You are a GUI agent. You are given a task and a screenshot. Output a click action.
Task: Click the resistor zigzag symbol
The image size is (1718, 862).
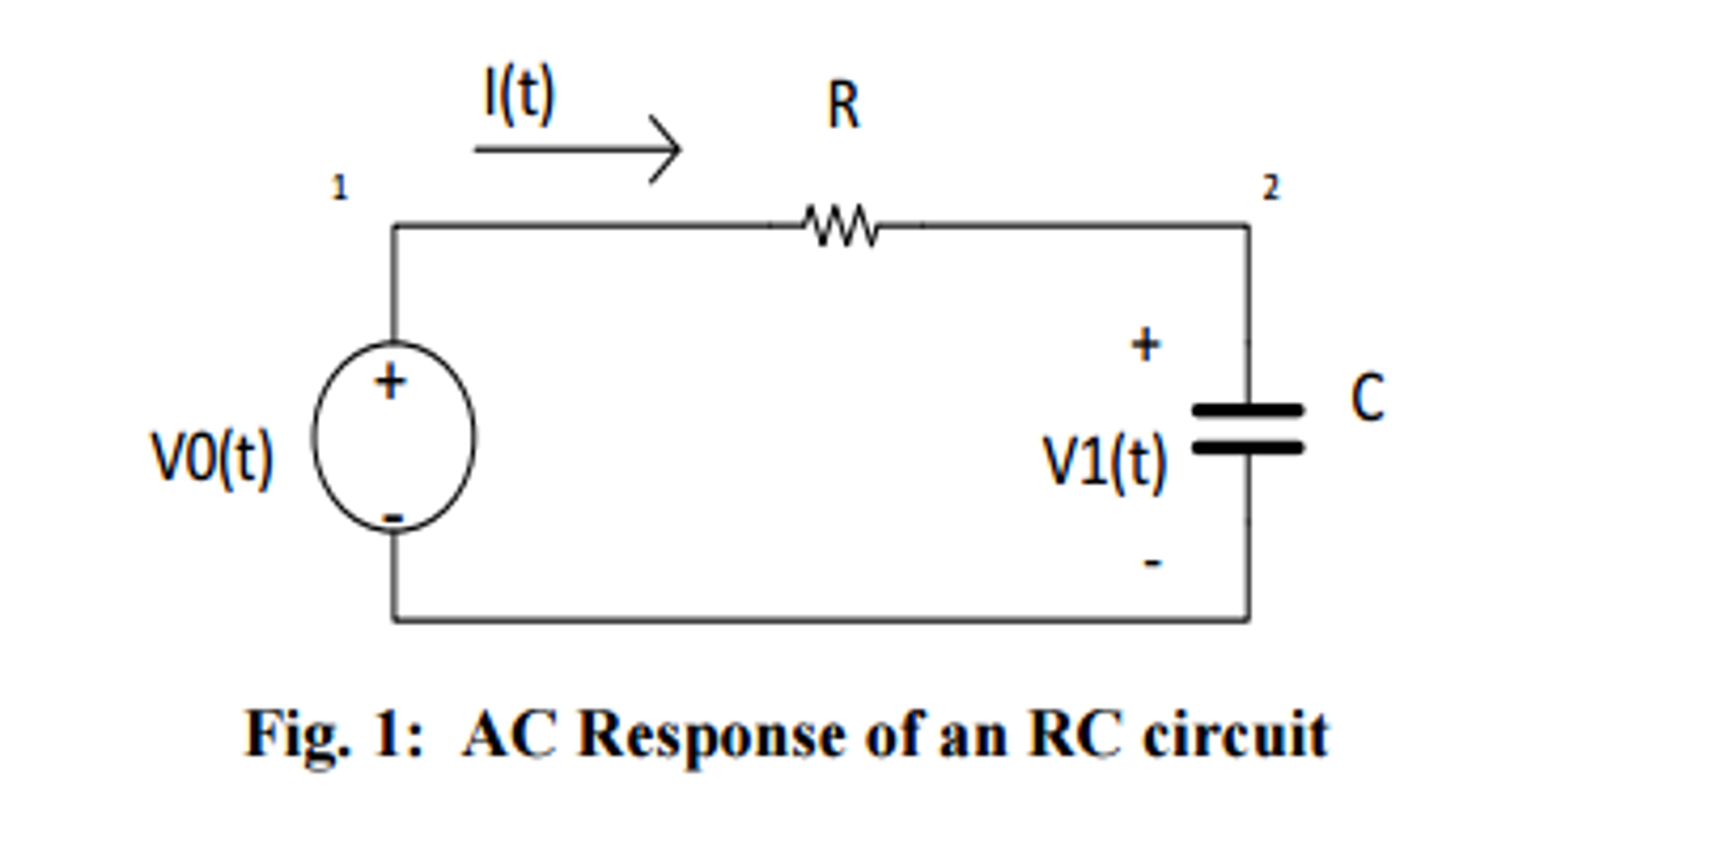coord(841,226)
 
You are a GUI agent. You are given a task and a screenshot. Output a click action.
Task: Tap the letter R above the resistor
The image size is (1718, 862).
coord(843,107)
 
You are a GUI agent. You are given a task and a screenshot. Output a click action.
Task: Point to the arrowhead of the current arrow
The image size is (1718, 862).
coord(672,150)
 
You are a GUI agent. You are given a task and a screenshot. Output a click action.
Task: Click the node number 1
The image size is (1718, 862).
coord(339,187)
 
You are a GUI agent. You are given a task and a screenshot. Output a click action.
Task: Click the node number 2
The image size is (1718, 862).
coord(1271,187)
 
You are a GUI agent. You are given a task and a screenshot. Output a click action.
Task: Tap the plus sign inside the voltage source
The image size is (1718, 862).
coord(390,383)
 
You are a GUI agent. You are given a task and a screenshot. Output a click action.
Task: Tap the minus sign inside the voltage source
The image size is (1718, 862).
coord(393,518)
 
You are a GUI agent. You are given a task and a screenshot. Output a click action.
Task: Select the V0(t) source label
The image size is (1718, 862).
coord(212,458)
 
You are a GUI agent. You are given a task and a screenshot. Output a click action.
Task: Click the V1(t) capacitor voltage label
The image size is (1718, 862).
coord(1104,462)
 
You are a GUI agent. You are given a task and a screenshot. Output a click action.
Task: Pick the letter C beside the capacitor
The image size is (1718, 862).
coord(1367,398)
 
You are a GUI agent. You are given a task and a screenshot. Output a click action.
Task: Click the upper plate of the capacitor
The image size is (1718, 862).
coord(1248,410)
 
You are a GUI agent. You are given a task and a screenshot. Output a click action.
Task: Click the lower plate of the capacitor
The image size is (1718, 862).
coord(1248,448)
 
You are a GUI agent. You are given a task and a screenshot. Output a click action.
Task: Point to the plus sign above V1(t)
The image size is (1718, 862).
coord(1145,344)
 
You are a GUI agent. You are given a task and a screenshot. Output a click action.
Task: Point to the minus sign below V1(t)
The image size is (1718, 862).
coord(1153,562)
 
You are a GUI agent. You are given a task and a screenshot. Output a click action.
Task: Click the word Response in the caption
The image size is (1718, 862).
coord(712,736)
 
